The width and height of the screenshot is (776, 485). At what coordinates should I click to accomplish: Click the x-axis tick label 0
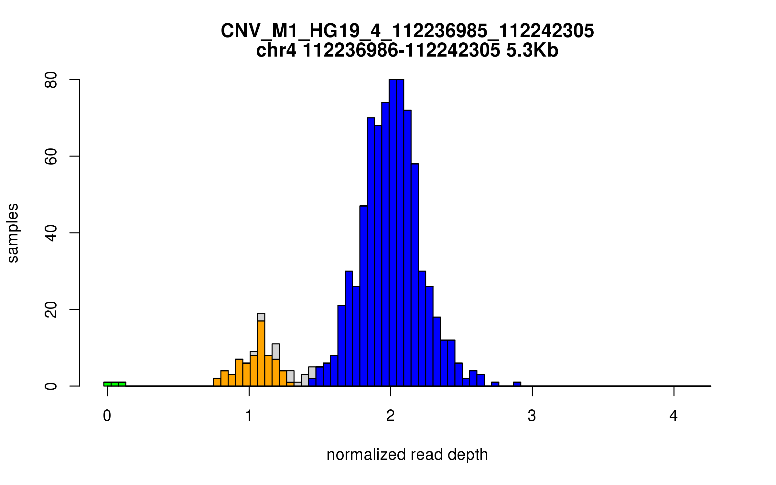pos(107,416)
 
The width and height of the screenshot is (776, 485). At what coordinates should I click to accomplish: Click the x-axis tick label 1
pos(249,416)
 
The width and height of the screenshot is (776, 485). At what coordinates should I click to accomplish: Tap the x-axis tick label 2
pos(391,416)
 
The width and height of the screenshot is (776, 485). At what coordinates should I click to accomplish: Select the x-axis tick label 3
pos(532,416)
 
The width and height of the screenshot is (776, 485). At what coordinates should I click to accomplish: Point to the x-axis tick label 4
pos(674,416)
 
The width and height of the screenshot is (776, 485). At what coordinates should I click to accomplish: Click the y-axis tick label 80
pos(51,80)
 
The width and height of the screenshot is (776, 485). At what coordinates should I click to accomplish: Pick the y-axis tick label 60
pos(51,156)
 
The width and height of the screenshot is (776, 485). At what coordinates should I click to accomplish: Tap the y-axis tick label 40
pos(51,233)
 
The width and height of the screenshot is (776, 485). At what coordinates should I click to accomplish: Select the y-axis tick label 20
pos(51,310)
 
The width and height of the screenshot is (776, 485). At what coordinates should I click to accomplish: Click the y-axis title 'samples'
pos(13,233)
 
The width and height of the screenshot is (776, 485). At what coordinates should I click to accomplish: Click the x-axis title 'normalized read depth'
pos(407,455)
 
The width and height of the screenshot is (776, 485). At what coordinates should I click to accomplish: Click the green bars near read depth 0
pos(115,384)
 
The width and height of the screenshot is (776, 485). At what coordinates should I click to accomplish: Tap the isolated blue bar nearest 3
pos(517,384)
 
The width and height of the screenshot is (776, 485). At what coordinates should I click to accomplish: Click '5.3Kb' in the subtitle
pos(532,51)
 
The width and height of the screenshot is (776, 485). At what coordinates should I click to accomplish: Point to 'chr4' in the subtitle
pos(276,51)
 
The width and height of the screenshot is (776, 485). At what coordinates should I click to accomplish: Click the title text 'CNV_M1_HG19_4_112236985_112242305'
pos(407,31)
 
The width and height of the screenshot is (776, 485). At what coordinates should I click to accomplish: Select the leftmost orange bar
pos(217,382)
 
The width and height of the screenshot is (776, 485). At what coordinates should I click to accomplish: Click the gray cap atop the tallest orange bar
pos(261,317)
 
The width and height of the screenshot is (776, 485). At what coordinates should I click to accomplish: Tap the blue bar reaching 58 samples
pos(415,275)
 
